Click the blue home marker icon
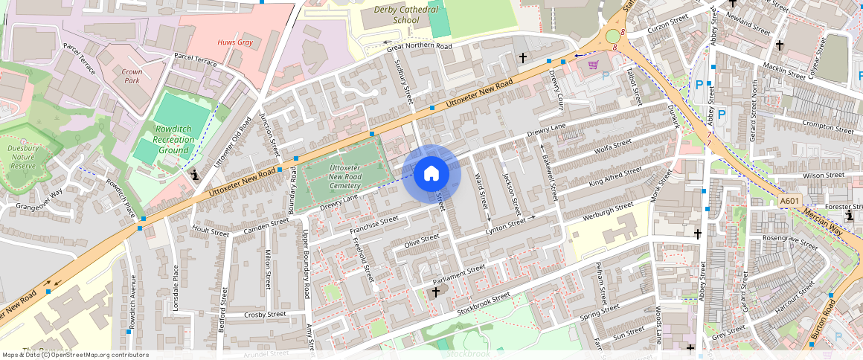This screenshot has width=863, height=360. [x=431, y=174]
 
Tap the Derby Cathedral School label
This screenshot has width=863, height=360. [x=405, y=15]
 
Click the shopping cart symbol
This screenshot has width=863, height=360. [x=593, y=65]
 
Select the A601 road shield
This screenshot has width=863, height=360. [x=791, y=202]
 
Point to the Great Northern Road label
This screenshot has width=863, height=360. [x=419, y=47]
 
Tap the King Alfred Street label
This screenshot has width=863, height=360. [x=614, y=177]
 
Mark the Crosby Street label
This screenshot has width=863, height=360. [x=265, y=315]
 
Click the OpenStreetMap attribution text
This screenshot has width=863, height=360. [x=75, y=355]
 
